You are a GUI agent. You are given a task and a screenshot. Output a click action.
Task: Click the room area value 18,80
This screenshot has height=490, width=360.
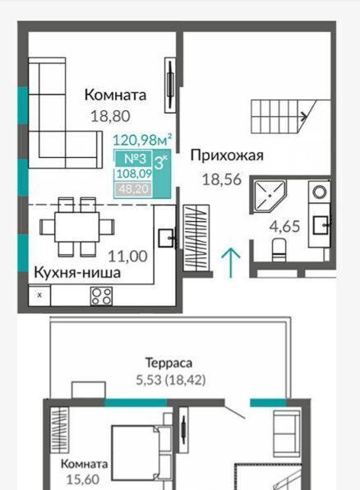(110, 116)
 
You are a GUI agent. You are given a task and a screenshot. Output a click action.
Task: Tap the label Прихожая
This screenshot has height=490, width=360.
(227, 155)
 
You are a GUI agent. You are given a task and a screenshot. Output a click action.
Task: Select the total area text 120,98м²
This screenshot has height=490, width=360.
(142, 140)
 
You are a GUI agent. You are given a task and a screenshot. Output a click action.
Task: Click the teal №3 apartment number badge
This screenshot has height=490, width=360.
(134, 159)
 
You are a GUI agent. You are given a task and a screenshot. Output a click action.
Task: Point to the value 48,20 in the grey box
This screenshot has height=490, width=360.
(134, 189)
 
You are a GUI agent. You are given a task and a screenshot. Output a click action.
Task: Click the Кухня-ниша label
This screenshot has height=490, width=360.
(77, 272)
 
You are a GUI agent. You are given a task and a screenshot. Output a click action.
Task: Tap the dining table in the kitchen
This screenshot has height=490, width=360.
(77, 227)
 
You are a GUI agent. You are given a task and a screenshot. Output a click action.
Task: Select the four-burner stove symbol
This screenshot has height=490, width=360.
(101, 296)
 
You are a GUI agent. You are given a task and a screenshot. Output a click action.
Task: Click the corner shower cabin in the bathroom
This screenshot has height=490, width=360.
(269, 196)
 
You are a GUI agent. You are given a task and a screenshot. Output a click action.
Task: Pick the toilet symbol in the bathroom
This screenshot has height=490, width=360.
(279, 250)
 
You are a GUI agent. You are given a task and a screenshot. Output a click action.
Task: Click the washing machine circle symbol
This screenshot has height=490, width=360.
(320, 192)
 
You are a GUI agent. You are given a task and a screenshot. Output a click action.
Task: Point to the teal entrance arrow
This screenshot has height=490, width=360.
(231, 262)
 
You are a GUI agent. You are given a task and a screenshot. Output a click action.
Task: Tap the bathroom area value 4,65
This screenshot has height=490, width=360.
(284, 227)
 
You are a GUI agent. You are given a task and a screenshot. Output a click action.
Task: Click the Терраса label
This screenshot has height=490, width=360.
(168, 363)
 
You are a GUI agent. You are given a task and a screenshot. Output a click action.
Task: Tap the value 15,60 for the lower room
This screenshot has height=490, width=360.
(83, 479)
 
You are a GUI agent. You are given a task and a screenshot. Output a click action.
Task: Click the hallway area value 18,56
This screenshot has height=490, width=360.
(222, 180)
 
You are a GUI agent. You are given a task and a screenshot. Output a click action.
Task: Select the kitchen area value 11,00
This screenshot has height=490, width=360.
(127, 257)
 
